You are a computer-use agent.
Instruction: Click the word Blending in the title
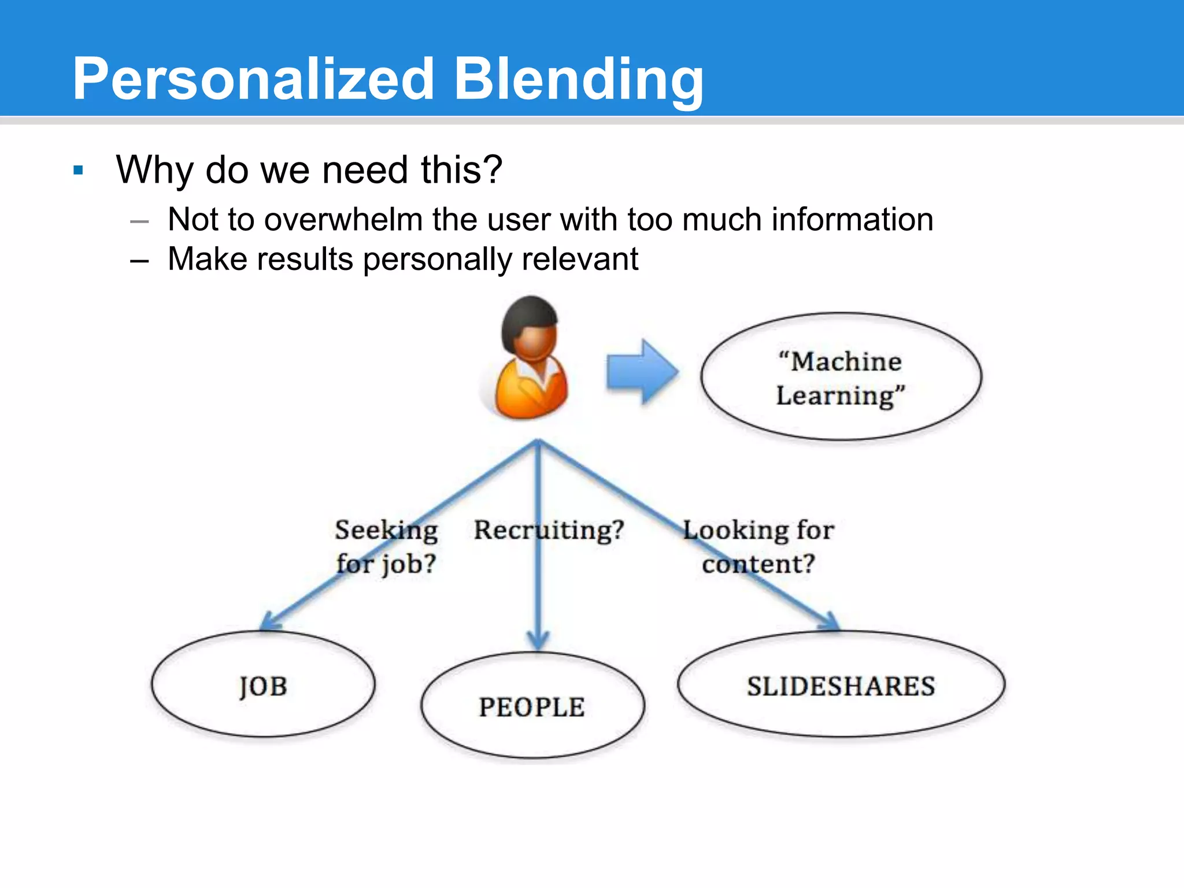pos(578,80)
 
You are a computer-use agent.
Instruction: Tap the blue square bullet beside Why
pos(79,171)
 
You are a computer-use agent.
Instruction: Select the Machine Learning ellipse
pos(841,377)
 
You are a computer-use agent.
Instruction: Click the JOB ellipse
pos(263,685)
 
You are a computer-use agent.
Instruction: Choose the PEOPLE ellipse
pos(532,706)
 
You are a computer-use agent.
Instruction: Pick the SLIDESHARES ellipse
pos(841,685)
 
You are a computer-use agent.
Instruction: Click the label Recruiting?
pos(549,530)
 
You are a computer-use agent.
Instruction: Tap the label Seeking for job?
pos(386,546)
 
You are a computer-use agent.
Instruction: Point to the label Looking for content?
pos(758,546)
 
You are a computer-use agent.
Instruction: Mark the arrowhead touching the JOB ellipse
pos(269,622)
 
